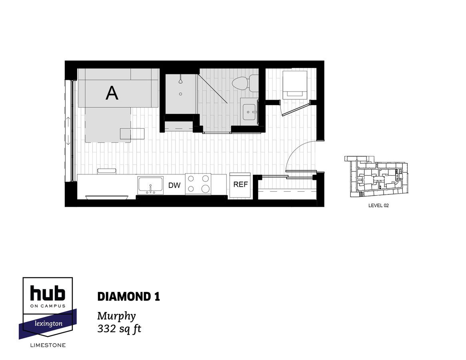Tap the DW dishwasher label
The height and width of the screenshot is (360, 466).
(x=174, y=185)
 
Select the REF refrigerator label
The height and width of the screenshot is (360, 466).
(x=240, y=184)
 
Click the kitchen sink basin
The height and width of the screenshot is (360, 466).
(x=150, y=185)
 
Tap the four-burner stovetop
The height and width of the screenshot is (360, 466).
(x=198, y=184)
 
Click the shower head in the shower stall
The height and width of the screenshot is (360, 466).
(x=181, y=80)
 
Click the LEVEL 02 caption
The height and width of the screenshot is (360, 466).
(x=378, y=206)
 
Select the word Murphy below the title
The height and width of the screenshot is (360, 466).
(x=116, y=316)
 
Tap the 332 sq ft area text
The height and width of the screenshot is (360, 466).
(x=119, y=329)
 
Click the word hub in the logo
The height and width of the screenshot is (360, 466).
(x=48, y=293)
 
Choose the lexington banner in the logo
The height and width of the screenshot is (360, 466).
(x=48, y=323)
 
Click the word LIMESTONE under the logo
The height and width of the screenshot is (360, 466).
(x=48, y=345)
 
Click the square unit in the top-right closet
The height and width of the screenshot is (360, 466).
(x=295, y=84)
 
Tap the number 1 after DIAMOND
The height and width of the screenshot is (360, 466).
(x=157, y=297)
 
